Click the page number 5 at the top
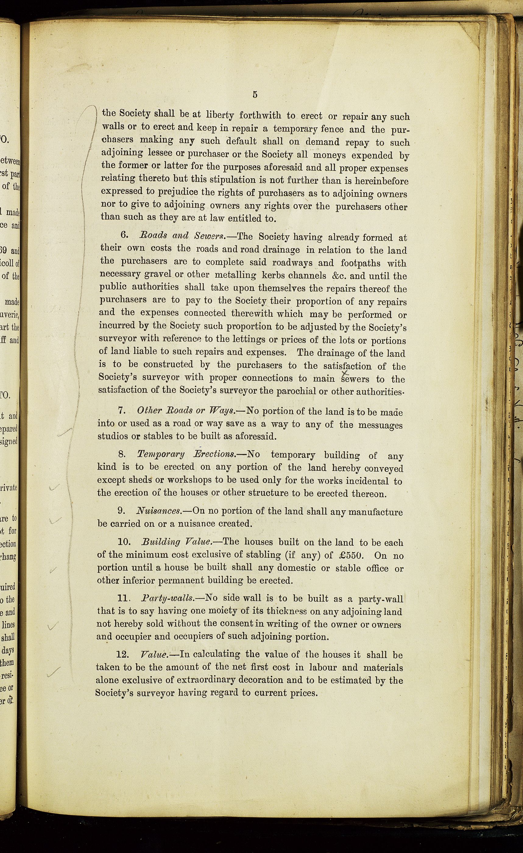[255, 94]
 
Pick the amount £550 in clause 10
[350, 555]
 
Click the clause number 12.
[122, 655]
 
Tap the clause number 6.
[125, 235]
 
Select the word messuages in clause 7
[380, 425]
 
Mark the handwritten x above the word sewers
[345, 373]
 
